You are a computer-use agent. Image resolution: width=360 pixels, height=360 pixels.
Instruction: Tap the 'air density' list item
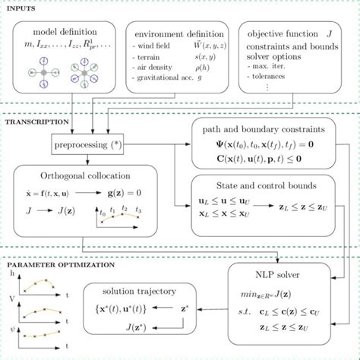point(159,66)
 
